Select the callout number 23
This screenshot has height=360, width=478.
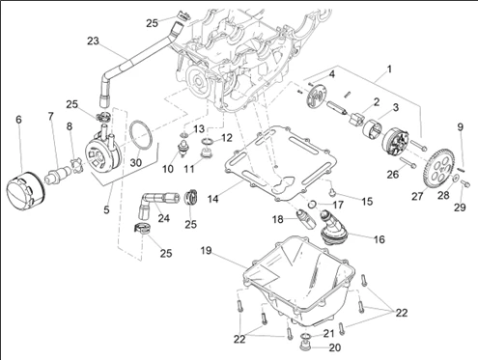[93, 42]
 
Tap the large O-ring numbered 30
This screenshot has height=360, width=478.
[140, 135]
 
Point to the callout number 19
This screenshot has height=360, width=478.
[206, 250]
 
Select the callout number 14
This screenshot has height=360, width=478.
[212, 199]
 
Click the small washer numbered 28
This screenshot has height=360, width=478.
[456, 178]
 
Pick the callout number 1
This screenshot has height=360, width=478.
[389, 69]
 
